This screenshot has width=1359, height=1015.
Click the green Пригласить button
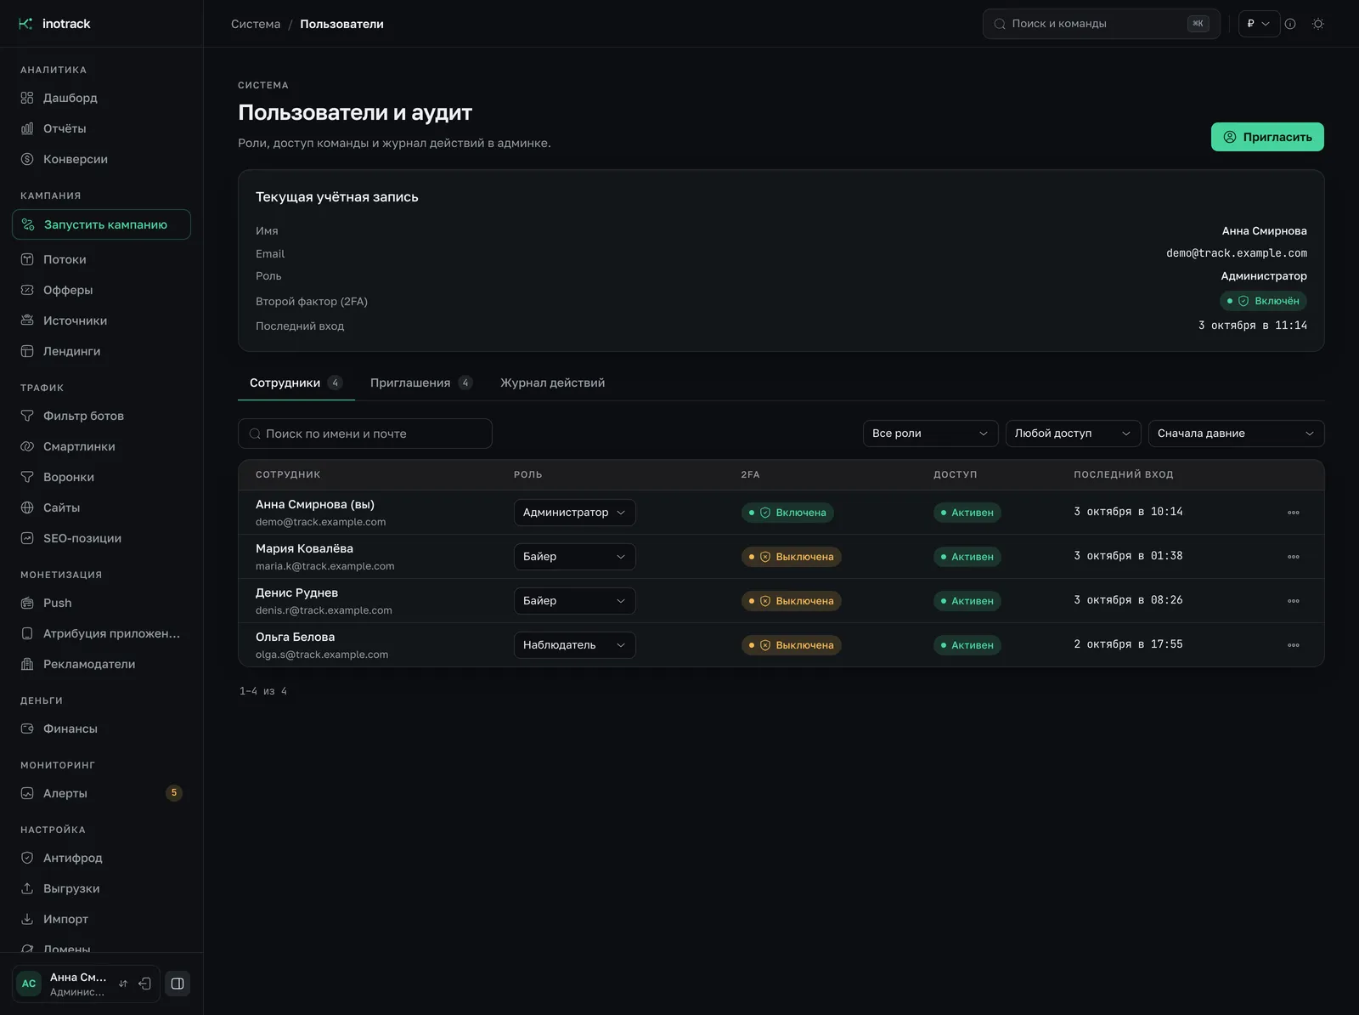point(1266,137)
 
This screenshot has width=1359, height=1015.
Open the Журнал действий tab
point(552,383)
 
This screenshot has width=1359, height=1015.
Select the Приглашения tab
point(421,383)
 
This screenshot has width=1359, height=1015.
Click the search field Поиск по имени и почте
point(364,434)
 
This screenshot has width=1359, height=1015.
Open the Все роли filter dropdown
point(930,434)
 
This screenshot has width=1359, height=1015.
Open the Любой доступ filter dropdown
point(1073,434)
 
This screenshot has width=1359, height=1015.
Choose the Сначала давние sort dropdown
point(1236,434)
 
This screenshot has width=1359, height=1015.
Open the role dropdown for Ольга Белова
point(574,645)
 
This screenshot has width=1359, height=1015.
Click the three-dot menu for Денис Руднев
point(1293,601)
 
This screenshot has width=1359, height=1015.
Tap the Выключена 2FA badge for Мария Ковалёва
point(791,557)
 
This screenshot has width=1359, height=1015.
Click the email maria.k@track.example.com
point(324,566)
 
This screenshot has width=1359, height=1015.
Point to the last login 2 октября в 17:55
point(1127,644)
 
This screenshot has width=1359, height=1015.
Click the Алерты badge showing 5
point(173,793)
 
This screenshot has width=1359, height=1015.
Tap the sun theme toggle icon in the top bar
point(1317,24)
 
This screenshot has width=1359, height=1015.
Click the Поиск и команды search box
point(1100,24)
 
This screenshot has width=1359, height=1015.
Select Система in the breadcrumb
point(255,24)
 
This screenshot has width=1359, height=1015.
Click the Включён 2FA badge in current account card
point(1263,301)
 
